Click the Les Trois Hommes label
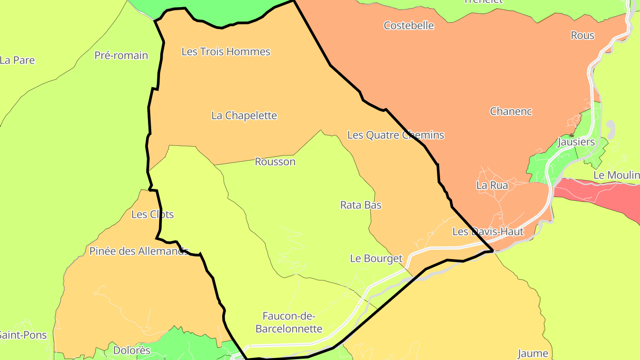tap(226, 52)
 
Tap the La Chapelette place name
tap(244, 116)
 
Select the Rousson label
tap(275, 162)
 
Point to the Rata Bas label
tap(361, 205)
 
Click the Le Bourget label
tap(376, 258)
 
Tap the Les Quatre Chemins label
tap(396, 135)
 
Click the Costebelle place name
tap(409, 25)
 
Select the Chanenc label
tap(511, 112)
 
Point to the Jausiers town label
tap(576, 142)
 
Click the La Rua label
tap(492, 185)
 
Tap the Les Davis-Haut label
tap(488, 232)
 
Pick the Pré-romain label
tap(121, 56)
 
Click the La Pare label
tap(17, 60)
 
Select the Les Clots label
tap(152, 215)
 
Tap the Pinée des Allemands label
tap(139, 251)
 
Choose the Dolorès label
tap(132, 350)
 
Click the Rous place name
tap(582, 36)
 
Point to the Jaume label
tap(533, 354)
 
